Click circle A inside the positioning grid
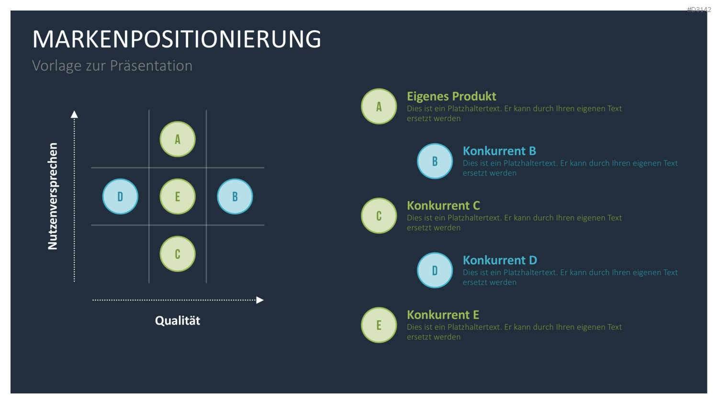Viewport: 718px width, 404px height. pyautogui.click(x=178, y=139)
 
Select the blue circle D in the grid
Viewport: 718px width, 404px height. pyautogui.click(x=120, y=197)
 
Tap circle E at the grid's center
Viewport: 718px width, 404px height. pyautogui.click(x=178, y=197)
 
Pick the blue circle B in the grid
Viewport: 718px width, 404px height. pyautogui.click(x=235, y=197)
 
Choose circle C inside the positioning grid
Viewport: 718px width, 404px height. pyautogui.click(x=178, y=254)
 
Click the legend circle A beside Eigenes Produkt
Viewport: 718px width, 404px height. pyautogui.click(x=379, y=106)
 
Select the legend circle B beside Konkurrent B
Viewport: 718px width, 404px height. pyautogui.click(x=435, y=161)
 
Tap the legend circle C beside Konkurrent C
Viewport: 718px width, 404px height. pyautogui.click(x=379, y=215)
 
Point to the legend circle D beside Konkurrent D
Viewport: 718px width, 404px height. pyautogui.click(x=435, y=270)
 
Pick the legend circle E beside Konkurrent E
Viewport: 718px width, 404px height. pyautogui.click(x=379, y=325)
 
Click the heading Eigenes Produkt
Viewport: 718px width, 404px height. pyautogui.click(x=451, y=97)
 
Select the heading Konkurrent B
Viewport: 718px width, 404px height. pyautogui.click(x=499, y=151)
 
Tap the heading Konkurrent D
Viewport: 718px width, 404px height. pyautogui.click(x=500, y=260)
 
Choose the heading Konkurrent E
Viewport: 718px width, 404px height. pyautogui.click(x=443, y=315)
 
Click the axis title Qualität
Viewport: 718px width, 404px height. pyautogui.click(x=178, y=321)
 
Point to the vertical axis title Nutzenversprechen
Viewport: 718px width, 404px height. pyautogui.click(x=53, y=196)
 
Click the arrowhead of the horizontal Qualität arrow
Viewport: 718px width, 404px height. pyautogui.click(x=260, y=300)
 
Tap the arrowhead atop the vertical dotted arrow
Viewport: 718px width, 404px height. pyautogui.click(x=74, y=114)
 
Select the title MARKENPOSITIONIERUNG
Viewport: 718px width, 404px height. pyautogui.click(x=177, y=39)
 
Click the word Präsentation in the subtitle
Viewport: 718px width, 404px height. pyautogui.click(x=151, y=66)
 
